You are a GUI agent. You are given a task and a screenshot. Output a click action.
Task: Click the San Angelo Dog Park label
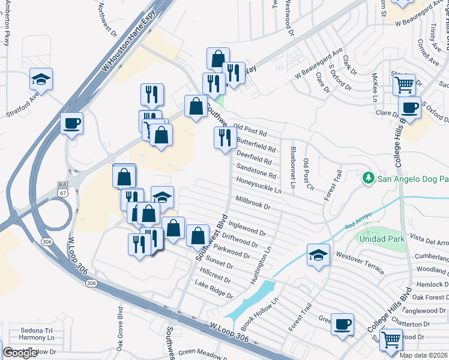412,178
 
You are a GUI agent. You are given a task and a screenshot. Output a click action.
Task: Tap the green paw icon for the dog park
368,178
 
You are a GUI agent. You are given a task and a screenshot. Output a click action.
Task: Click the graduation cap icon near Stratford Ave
41,79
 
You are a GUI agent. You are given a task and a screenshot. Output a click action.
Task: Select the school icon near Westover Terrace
318,255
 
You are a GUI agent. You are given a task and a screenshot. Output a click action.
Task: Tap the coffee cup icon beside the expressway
72,124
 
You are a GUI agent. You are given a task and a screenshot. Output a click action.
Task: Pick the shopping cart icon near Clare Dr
405,84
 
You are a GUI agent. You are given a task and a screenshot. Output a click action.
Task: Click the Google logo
20,353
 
